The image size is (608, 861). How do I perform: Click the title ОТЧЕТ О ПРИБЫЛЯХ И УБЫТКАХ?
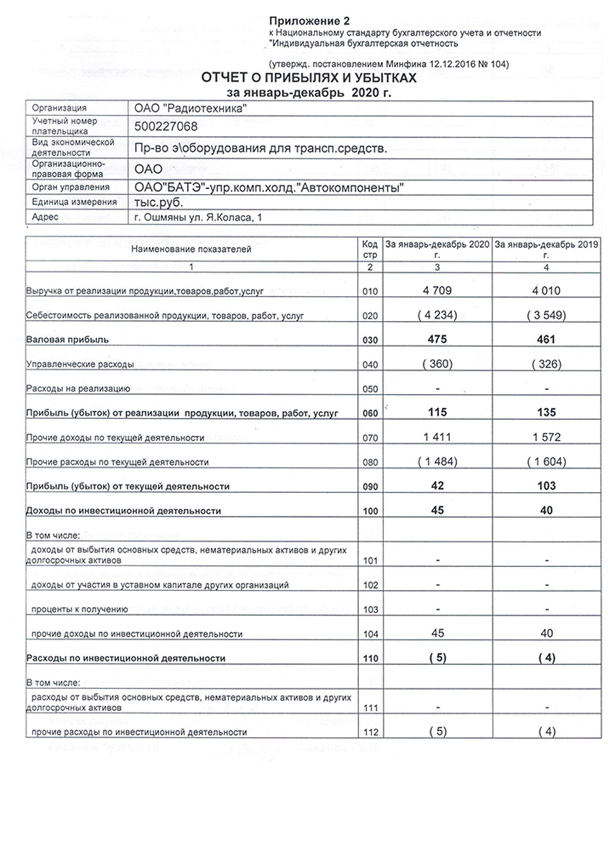click(x=309, y=78)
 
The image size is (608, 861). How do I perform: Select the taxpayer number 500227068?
click(x=166, y=127)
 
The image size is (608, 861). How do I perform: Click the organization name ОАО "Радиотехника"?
click(x=190, y=108)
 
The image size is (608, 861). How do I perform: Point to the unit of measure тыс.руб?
click(x=159, y=202)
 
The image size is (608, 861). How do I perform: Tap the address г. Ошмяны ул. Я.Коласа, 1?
click(x=198, y=217)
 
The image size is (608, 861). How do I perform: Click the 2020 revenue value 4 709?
click(x=437, y=291)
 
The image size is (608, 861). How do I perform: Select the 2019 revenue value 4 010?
click(x=546, y=291)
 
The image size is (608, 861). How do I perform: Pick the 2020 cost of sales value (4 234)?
click(x=437, y=315)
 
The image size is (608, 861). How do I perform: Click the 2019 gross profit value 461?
click(x=546, y=339)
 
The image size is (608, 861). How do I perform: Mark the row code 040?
click(x=370, y=365)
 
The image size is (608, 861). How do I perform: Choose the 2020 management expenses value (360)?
click(x=437, y=364)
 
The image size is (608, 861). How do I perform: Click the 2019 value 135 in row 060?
click(x=546, y=413)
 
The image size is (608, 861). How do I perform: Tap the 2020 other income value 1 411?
click(x=437, y=437)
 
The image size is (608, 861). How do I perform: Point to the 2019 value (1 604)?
click(x=546, y=461)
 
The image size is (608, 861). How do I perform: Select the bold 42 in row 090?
click(x=437, y=486)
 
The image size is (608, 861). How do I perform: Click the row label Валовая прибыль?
click(x=68, y=340)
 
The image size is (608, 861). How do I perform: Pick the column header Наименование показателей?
click(x=191, y=250)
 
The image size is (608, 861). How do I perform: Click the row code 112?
click(x=370, y=732)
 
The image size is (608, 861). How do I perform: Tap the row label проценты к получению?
click(x=79, y=609)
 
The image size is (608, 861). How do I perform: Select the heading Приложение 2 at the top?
click(x=309, y=21)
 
